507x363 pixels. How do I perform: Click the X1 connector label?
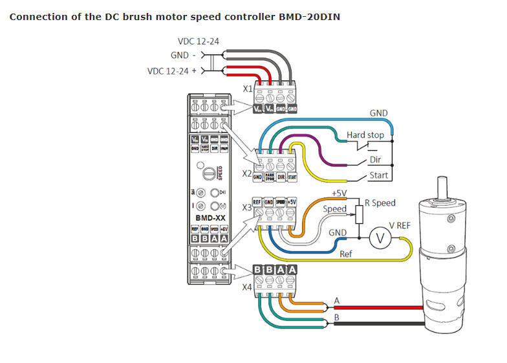(248, 89)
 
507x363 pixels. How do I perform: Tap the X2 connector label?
(246, 174)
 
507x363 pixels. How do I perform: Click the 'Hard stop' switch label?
(365, 135)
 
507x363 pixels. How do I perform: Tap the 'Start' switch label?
(378, 175)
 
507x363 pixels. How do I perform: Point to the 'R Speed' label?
(380, 203)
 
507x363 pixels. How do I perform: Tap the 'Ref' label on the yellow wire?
(347, 254)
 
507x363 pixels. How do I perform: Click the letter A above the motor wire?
(336, 300)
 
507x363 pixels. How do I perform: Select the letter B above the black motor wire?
(336, 318)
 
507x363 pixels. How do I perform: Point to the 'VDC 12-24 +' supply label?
(176, 71)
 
